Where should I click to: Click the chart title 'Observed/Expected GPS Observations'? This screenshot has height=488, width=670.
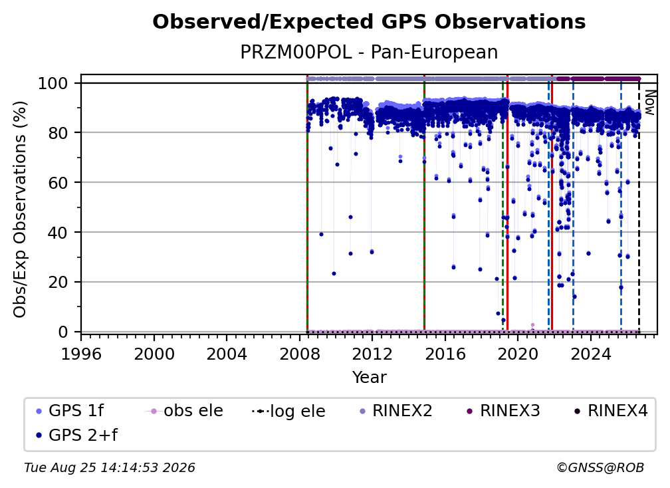pos(369,22)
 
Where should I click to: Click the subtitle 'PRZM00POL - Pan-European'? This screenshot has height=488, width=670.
pos(369,52)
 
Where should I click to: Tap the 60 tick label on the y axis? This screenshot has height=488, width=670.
pos(58,183)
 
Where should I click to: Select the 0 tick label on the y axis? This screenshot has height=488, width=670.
pos(63,332)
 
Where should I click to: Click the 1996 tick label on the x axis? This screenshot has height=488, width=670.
pos(81,354)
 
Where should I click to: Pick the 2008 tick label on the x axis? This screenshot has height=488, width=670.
pos(300,354)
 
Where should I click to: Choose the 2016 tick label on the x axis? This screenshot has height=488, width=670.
pos(445,354)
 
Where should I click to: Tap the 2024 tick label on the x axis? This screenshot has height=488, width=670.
pos(590,354)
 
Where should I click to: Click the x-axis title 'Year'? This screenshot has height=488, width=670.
pos(369,378)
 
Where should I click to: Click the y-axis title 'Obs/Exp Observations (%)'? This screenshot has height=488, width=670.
pos(20,209)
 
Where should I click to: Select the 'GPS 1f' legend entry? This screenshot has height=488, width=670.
pos(70,411)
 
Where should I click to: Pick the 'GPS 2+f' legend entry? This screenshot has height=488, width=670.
pos(76,435)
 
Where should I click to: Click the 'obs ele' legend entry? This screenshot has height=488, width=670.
pos(185,411)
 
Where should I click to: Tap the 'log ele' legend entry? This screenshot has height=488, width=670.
pos(289,412)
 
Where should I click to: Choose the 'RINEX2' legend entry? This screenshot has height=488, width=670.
pos(396,411)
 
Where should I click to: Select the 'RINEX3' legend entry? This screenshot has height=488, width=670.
pos(504,411)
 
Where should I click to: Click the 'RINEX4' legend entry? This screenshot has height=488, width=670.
pos(612,411)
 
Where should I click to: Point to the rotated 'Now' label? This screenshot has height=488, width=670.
pos(649,102)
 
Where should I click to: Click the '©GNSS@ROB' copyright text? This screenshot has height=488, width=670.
pos(600,468)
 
